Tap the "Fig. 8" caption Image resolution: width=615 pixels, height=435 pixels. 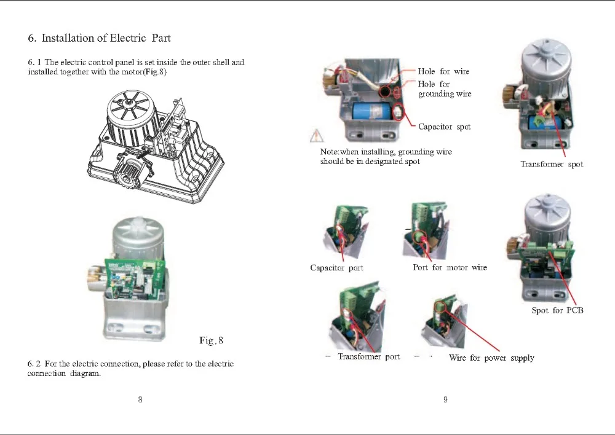(211, 340)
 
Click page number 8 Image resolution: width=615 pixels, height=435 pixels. (140, 399)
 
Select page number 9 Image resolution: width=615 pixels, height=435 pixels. (445, 399)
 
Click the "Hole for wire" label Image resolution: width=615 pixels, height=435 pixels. (443, 71)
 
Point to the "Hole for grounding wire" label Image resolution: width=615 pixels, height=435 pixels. (445, 88)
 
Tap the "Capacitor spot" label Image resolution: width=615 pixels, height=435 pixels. (445, 127)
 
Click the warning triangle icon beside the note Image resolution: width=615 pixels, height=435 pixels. (317, 136)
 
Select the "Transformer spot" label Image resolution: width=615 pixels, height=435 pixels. (552, 164)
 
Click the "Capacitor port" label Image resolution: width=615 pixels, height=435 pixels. (336, 268)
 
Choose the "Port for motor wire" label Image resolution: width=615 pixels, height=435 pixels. (450, 267)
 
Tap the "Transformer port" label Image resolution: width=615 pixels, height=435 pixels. (368, 356)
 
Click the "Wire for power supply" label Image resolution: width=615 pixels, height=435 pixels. (491, 358)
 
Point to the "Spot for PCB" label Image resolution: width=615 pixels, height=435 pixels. (557, 310)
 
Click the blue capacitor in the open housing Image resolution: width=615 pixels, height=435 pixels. (371, 111)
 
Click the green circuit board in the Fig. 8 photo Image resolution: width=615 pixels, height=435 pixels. (135, 279)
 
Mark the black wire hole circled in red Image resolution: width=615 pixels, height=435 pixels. (385, 92)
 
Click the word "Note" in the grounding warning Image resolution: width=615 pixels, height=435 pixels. (328, 152)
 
